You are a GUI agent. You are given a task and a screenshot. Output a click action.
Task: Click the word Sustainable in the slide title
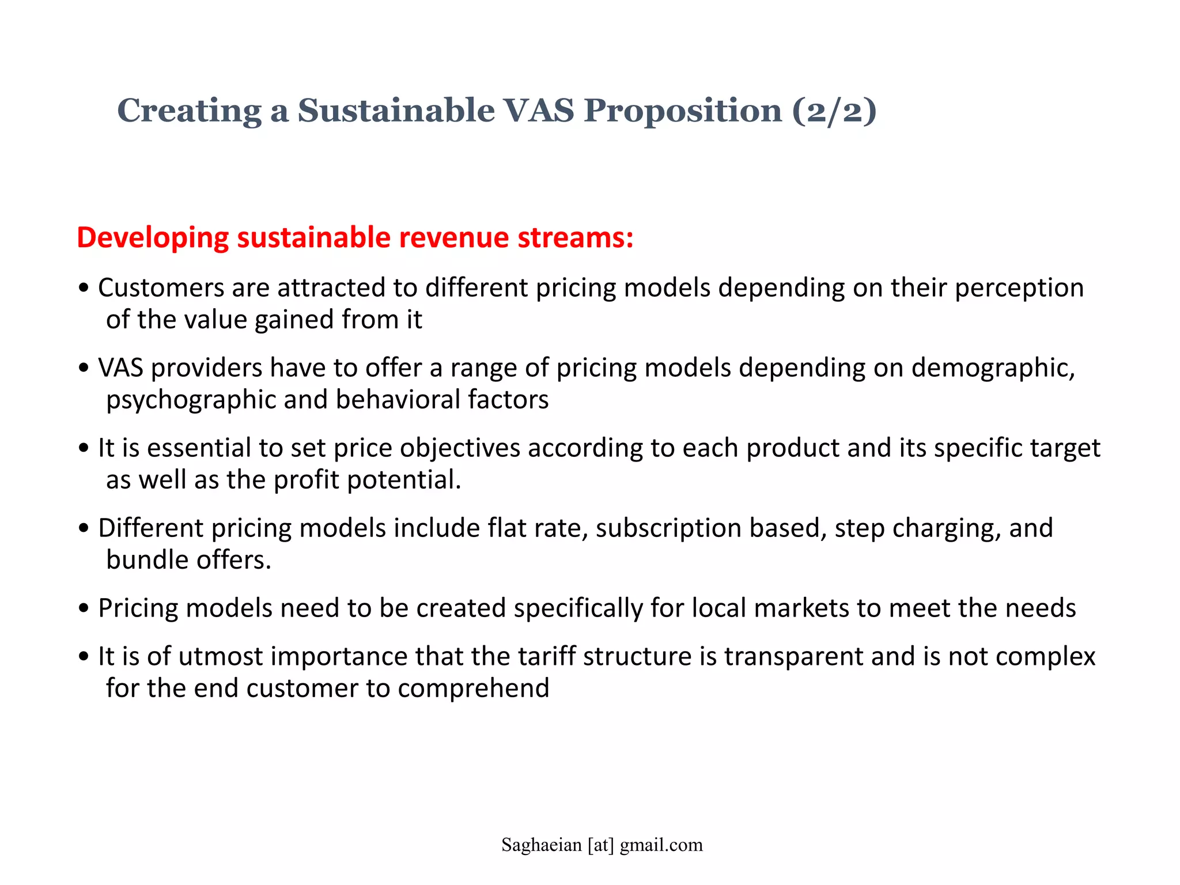396,110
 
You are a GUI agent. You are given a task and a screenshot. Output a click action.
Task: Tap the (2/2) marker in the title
834,110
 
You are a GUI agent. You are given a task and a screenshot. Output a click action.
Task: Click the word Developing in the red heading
153,238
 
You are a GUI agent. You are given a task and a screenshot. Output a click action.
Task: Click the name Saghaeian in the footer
541,845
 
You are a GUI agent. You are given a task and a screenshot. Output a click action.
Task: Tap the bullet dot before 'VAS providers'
85,368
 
